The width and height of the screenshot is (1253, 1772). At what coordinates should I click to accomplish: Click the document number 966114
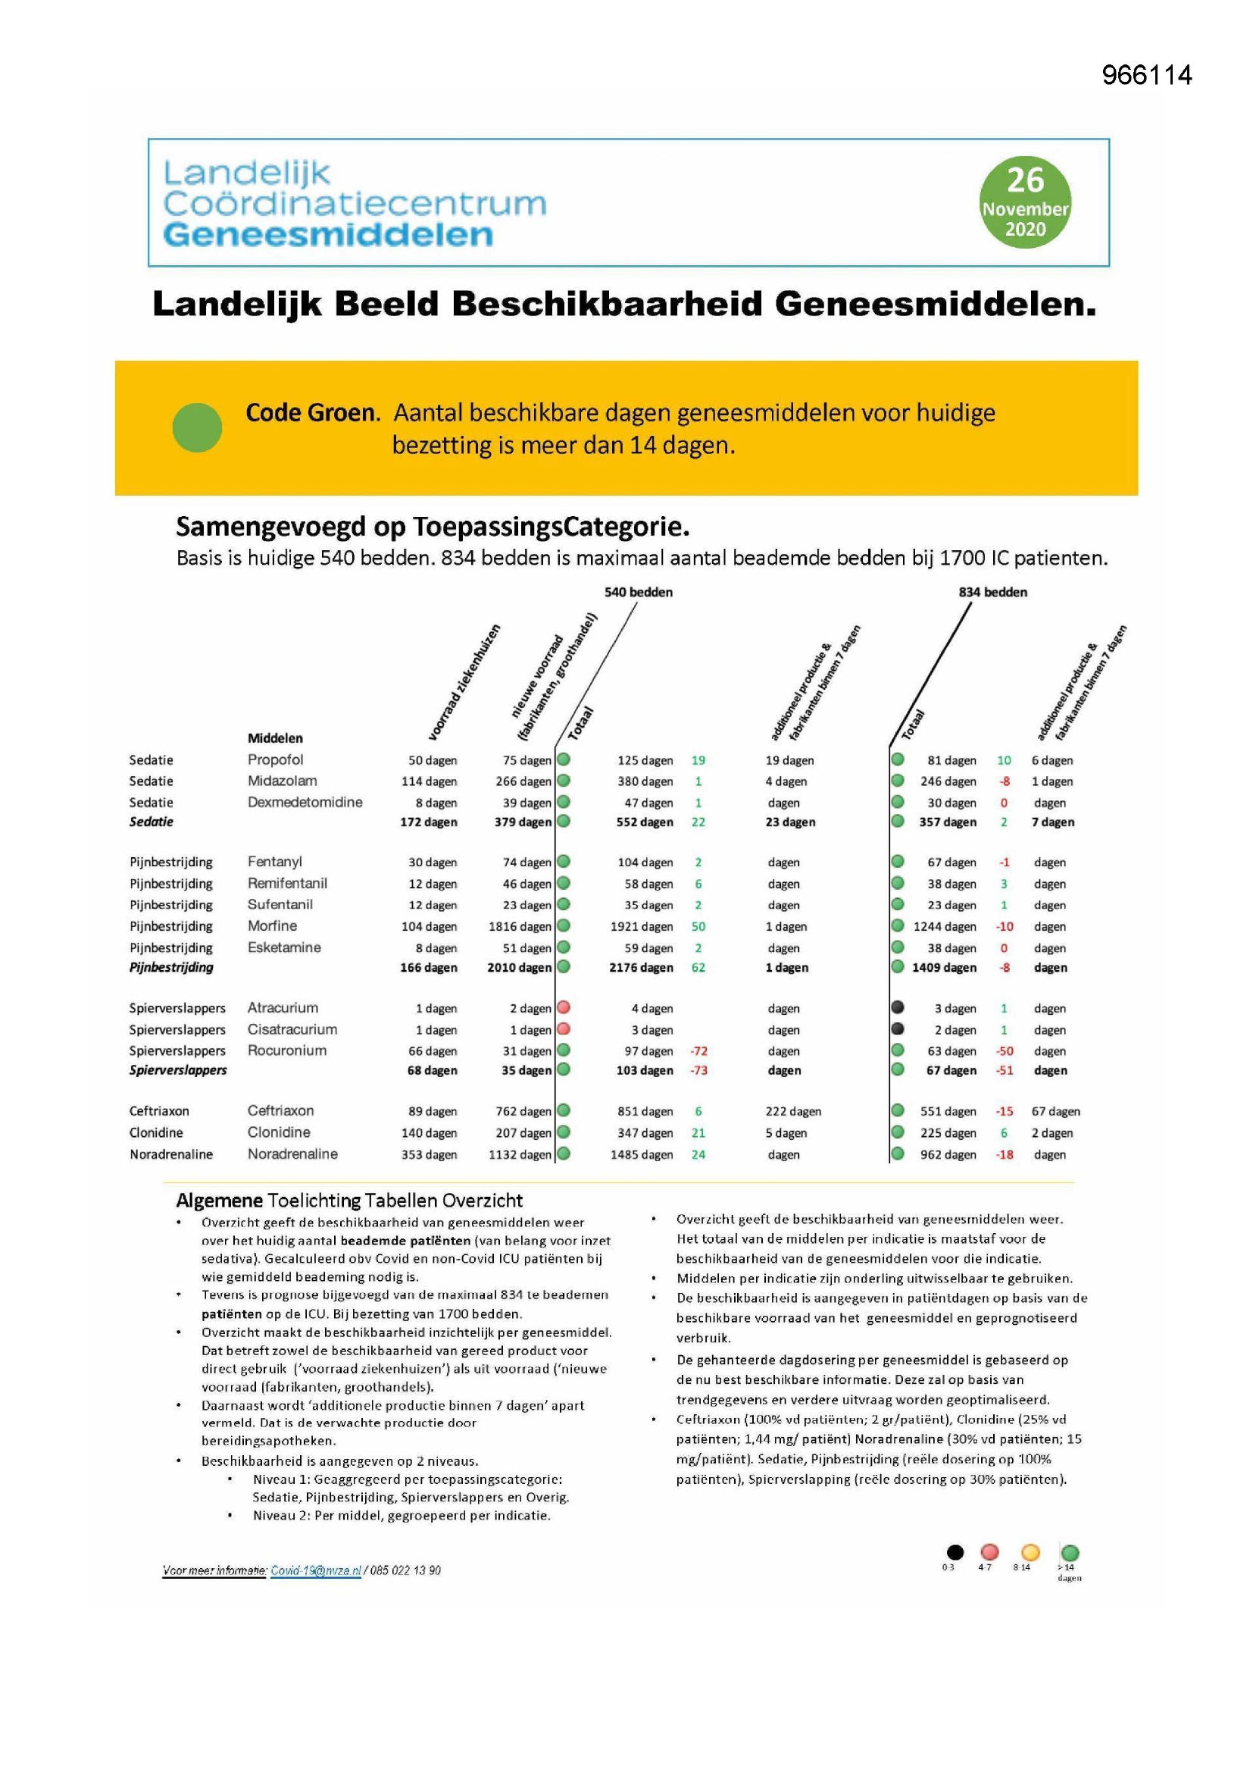[x=1146, y=76]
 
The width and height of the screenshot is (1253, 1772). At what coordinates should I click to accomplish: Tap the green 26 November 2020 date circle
[x=1025, y=202]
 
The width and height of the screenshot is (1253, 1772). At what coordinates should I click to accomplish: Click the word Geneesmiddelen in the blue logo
[x=328, y=235]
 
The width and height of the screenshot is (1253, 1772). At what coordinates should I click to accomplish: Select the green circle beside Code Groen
[x=198, y=427]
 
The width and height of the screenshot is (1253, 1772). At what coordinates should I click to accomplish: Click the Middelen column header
[x=275, y=737]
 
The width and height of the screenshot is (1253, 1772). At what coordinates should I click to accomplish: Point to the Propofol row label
[x=276, y=759]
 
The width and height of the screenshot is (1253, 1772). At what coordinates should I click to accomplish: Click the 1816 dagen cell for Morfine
[x=519, y=926]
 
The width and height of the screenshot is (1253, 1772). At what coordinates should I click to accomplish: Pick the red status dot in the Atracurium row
[x=564, y=1007]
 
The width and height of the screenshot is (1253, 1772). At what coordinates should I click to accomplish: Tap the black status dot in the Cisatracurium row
[x=897, y=1028]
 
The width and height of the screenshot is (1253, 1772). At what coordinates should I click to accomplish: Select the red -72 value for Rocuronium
[x=698, y=1051]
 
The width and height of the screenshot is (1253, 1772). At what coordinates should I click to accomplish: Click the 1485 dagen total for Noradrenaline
[x=641, y=1154]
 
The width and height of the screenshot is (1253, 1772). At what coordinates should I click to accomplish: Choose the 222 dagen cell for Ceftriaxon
[x=793, y=1111]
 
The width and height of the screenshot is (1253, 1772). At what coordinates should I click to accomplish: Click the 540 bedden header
[x=638, y=592]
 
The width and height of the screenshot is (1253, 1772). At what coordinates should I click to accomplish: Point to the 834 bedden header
[x=992, y=592]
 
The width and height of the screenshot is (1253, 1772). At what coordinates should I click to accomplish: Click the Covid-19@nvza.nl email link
[x=316, y=1570]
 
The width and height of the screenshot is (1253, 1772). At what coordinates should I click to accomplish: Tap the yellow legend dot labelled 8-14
[x=1030, y=1552]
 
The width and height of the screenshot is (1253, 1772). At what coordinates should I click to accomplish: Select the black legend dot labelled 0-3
[x=955, y=1552]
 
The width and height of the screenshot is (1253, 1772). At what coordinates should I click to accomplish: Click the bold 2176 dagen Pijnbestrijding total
[x=640, y=968]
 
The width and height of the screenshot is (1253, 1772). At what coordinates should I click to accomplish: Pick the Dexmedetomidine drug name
[x=305, y=802]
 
